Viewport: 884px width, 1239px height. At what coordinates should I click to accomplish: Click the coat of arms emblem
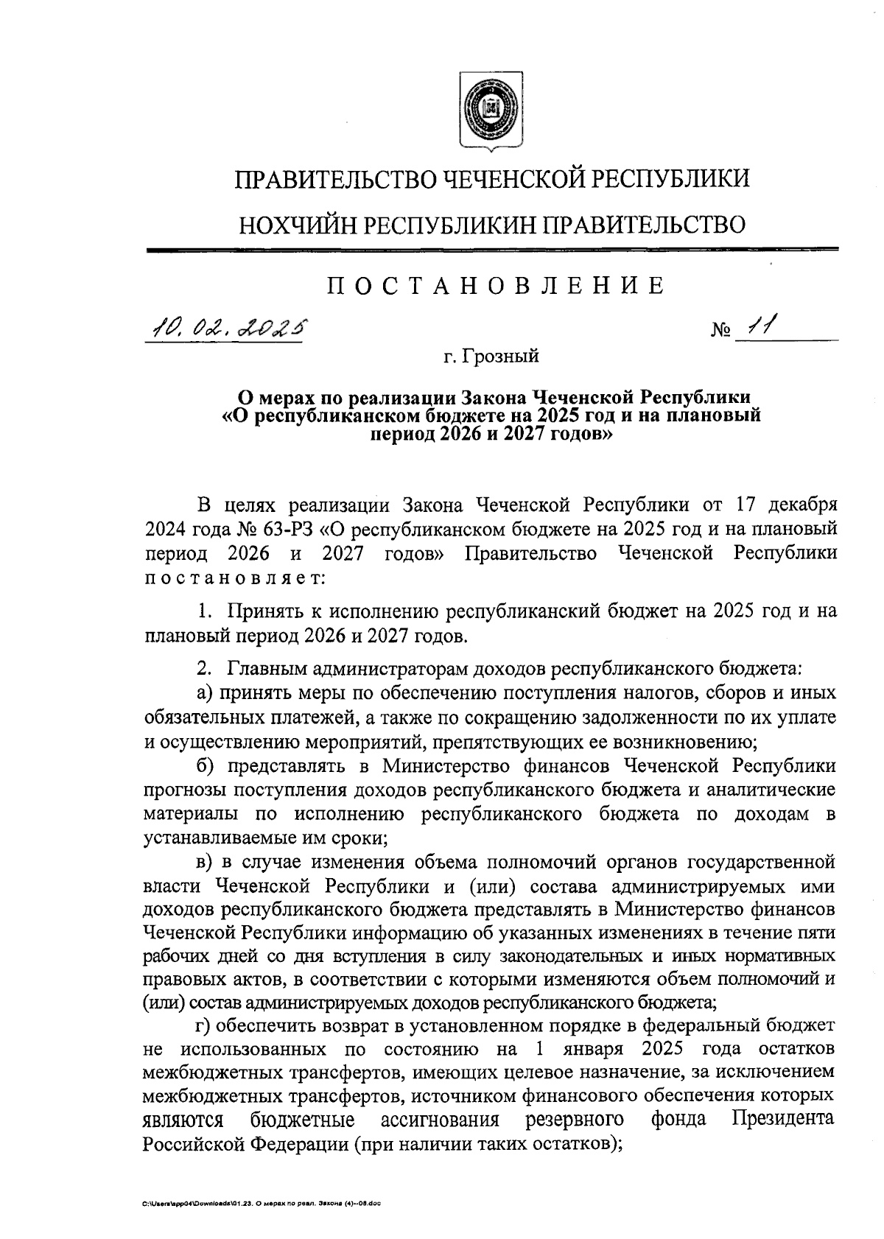pos(492,110)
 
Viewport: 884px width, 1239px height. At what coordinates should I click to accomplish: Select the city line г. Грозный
pos(491,357)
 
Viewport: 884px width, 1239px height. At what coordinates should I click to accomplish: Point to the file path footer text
pos(262,1201)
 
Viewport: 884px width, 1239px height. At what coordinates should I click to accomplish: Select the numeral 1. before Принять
pos(206,611)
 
